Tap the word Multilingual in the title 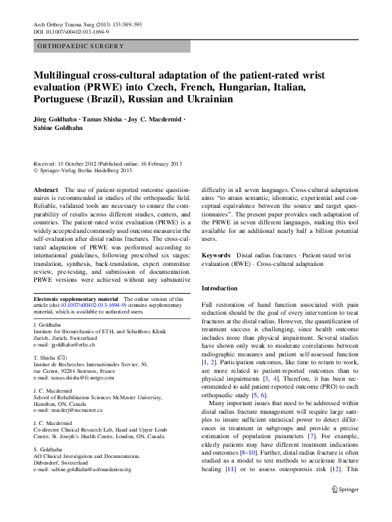tap(69, 76)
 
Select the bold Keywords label tap(215, 255)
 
